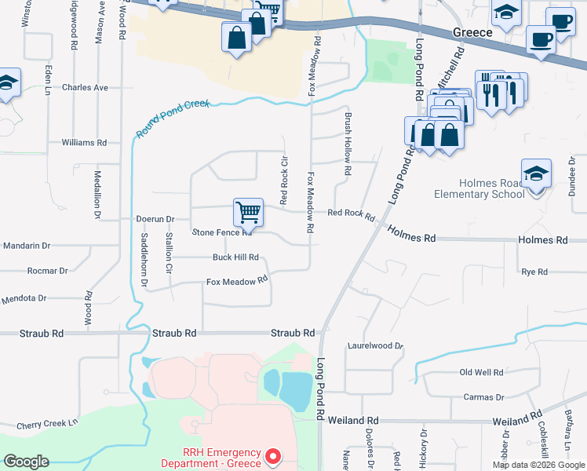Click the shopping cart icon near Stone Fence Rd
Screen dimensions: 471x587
[248, 212]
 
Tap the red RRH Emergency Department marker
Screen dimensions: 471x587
[272, 455]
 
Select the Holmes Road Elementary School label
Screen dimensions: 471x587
[479, 188]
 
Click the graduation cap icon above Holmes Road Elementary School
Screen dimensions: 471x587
[537, 174]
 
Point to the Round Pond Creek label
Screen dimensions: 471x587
[173, 119]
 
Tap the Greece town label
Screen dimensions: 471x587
[472, 33]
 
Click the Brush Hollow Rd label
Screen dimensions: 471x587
[347, 143]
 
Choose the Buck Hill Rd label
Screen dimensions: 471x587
[235, 257]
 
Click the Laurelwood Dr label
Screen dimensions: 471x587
[375, 345]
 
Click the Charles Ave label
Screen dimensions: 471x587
[85, 88]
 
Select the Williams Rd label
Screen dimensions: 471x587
[84, 143]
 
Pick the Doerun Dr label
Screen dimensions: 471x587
[155, 219]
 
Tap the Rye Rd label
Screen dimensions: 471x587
[534, 272]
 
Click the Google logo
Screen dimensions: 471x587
[26, 462]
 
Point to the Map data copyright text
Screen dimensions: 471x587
[538, 465]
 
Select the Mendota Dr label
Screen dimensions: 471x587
[24, 298]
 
